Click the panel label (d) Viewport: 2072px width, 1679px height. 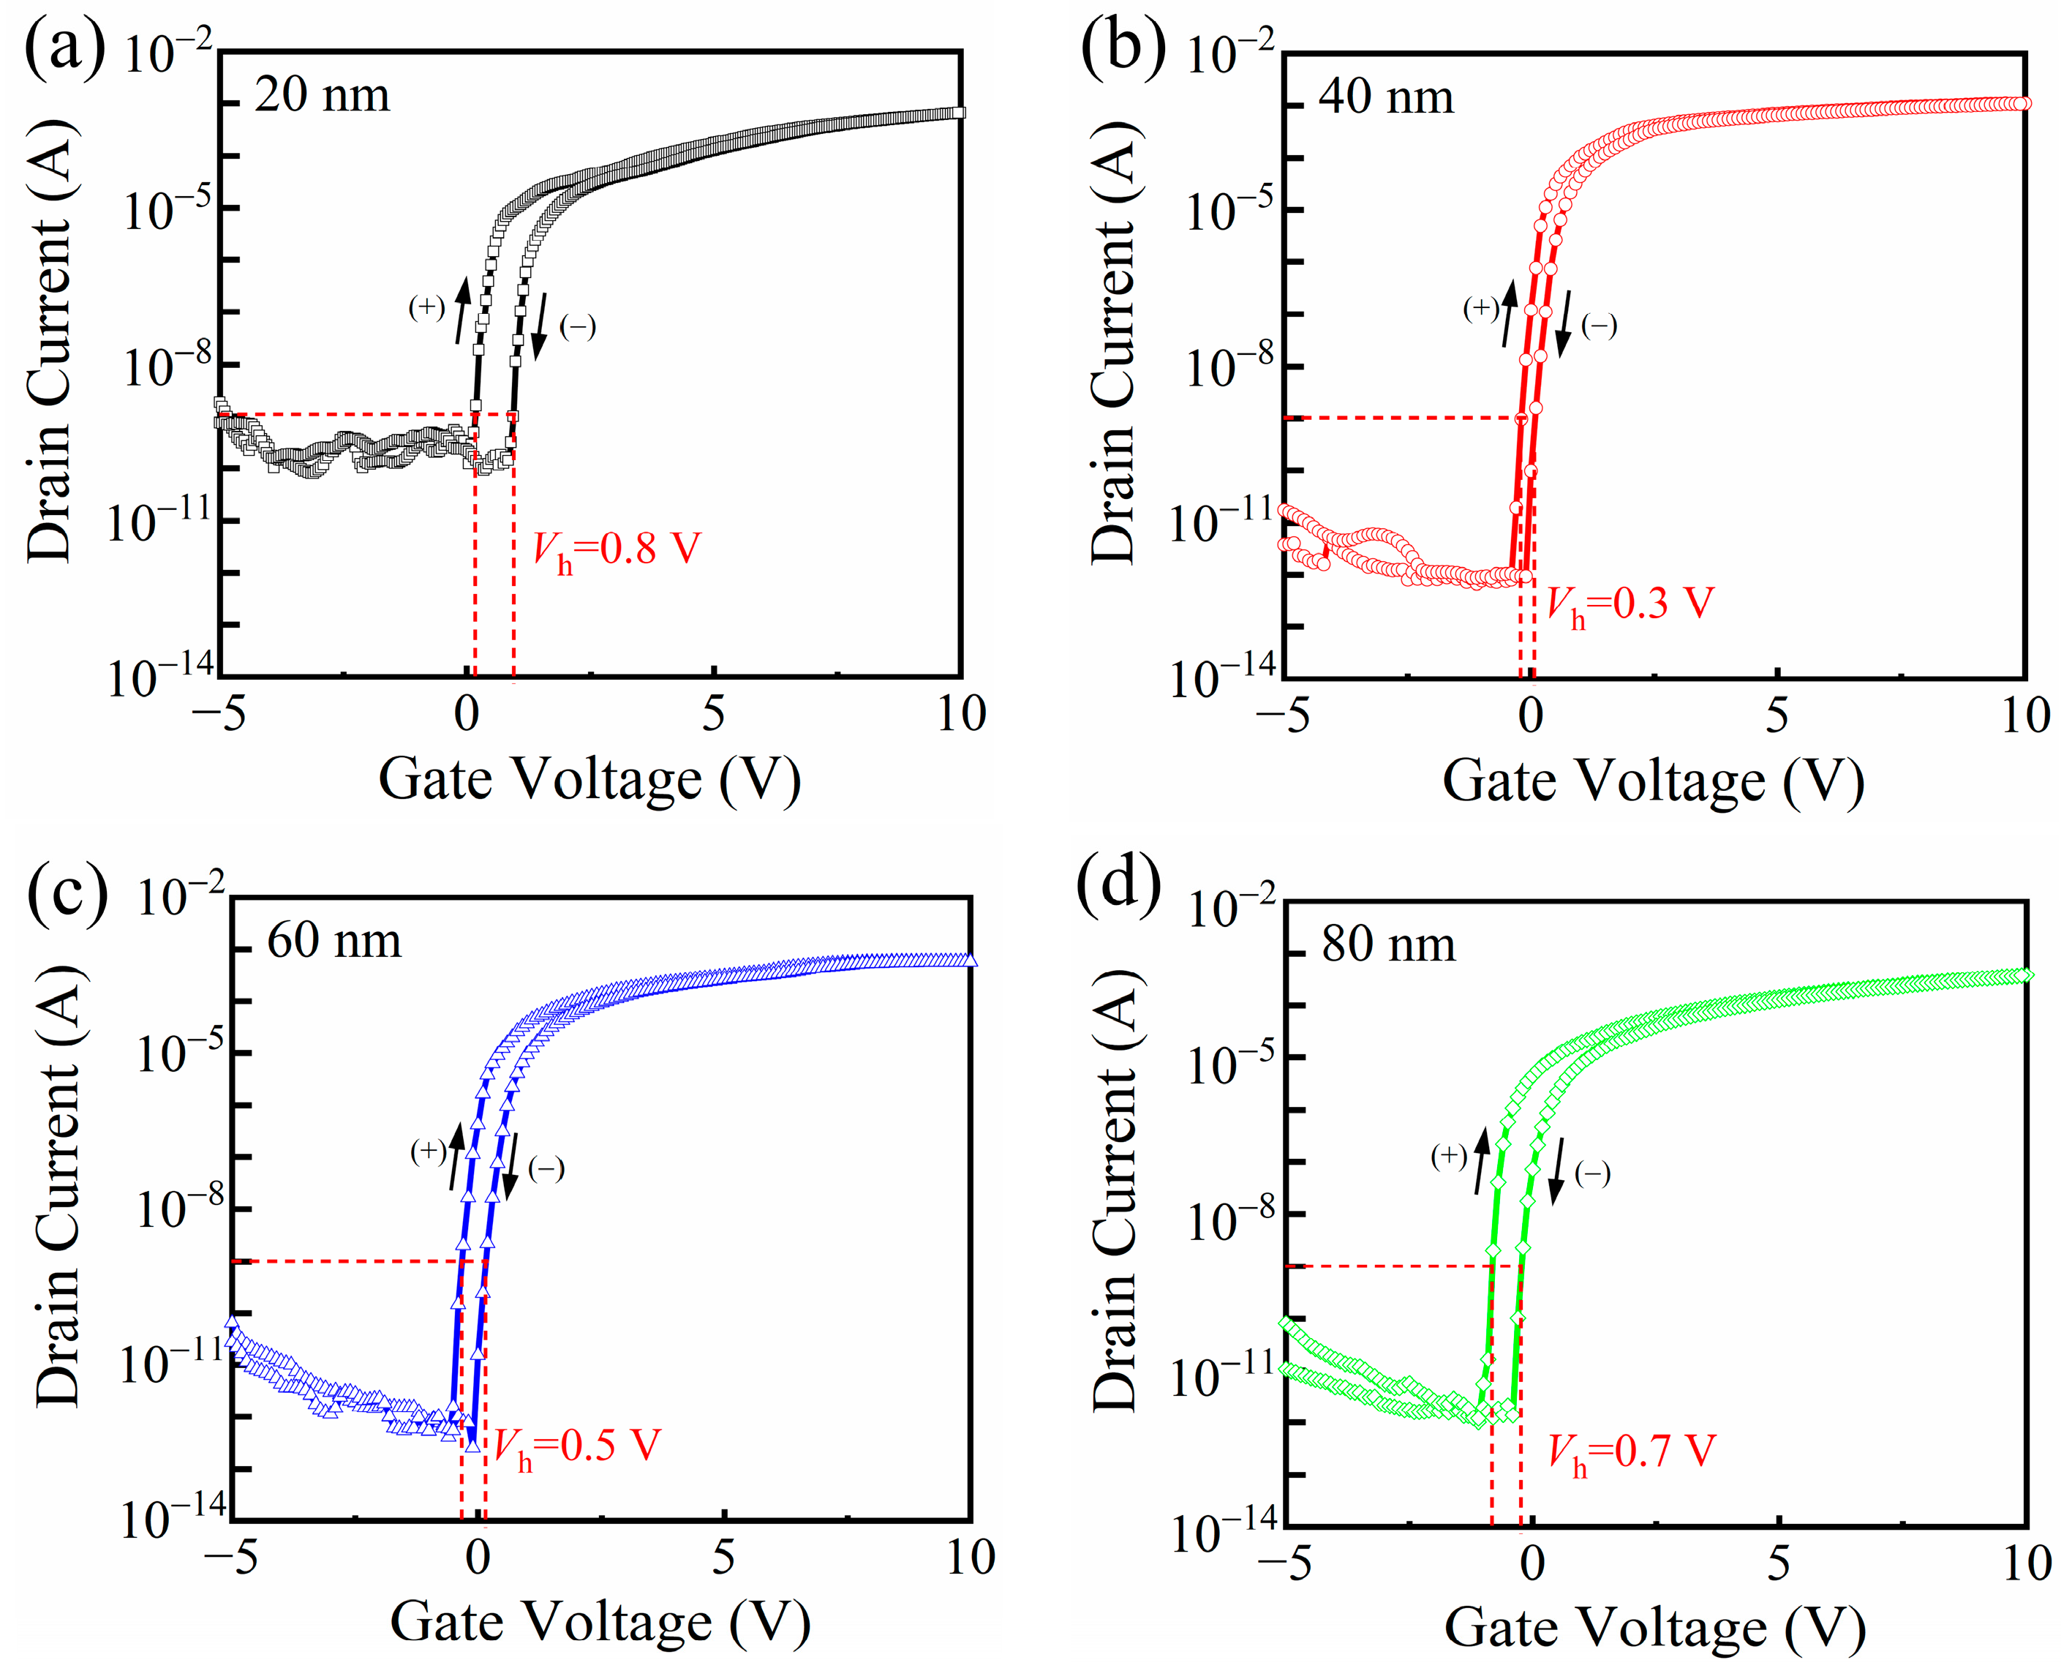pyautogui.click(x=1120, y=888)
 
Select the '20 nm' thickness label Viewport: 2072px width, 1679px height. pyautogui.click(x=322, y=95)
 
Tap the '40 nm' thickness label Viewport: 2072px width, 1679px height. pyautogui.click(x=1385, y=97)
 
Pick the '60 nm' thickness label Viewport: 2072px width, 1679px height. pyautogui.click(x=334, y=940)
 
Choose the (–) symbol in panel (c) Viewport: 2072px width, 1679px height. pyautogui.click(x=546, y=1168)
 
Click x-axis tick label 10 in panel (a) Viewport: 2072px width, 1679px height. pyautogui.click(x=961, y=715)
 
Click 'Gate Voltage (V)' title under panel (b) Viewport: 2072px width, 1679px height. pyautogui.click(x=1654, y=781)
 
